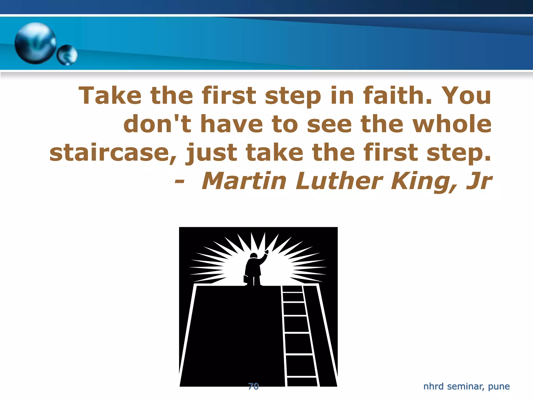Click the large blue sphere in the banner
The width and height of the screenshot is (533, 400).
[35, 43]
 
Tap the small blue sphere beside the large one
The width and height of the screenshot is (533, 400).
[67, 55]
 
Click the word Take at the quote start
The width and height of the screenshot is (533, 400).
[110, 96]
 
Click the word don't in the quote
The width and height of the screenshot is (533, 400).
[157, 124]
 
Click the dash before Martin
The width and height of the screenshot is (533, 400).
[180, 182]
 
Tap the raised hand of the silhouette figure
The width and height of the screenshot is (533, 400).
[266, 252]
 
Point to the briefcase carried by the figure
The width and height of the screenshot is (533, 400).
[246, 279]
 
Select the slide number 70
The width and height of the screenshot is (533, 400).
[253, 386]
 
